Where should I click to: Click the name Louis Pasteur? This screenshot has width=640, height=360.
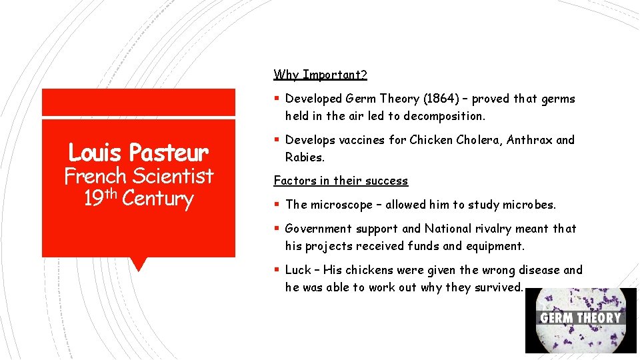click(138, 153)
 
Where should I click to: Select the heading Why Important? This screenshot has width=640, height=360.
click(320, 75)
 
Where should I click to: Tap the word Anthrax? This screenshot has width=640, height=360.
click(529, 140)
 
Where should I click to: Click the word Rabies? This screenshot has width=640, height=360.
click(304, 157)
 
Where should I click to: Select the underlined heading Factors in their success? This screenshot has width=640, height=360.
click(341, 181)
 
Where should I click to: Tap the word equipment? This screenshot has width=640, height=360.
click(494, 246)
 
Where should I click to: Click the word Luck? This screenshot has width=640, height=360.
click(298, 270)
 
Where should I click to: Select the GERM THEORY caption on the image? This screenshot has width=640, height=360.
click(580, 318)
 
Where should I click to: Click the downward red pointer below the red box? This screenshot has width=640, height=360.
click(138, 264)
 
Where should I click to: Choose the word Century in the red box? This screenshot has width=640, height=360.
click(158, 199)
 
